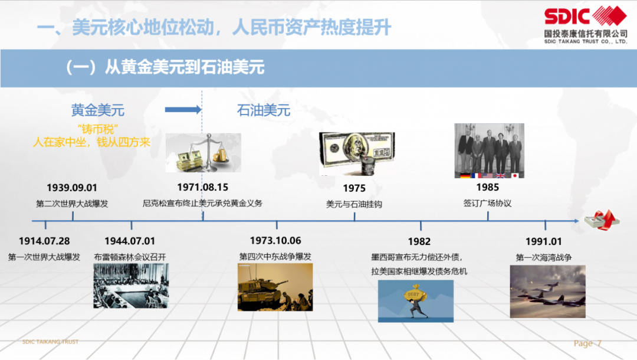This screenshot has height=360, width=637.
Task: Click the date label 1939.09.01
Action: (72, 188)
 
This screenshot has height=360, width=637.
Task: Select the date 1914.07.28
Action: (44, 241)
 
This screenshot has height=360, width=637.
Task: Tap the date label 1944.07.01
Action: (130, 241)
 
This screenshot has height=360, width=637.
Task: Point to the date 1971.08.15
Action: (203, 187)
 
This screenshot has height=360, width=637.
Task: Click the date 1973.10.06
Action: (275, 241)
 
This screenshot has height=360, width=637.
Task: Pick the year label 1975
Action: (354, 188)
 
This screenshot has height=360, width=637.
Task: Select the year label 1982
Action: (419, 241)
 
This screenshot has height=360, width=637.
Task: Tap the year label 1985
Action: (488, 187)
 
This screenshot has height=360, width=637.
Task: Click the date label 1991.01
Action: (544, 241)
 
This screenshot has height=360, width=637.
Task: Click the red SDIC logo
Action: (586, 16)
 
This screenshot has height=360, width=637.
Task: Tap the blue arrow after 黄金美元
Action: (183, 109)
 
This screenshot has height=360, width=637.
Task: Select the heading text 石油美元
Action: (264, 110)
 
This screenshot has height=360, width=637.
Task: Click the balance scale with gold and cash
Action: (203, 153)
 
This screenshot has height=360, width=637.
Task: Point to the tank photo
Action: (275, 287)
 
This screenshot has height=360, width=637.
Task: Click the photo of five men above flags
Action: (489, 150)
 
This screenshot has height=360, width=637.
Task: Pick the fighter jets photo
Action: (547, 292)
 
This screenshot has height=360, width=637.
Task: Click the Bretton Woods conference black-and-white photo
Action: (131, 286)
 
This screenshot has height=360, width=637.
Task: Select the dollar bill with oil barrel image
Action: (357, 153)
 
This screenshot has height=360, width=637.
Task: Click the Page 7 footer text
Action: (587, 343)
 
